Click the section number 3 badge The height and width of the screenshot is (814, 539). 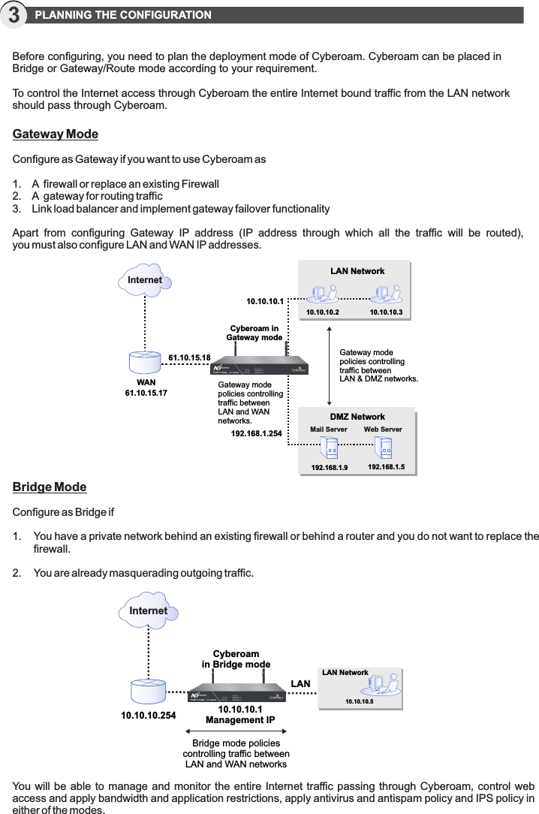pos(14,15)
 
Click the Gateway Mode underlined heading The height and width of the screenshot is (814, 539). pos(56,134)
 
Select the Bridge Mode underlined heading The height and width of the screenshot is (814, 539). pos(50,487)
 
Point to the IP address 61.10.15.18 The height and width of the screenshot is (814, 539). pos(189,357)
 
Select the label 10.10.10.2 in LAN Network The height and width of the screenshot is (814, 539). pos(322,312)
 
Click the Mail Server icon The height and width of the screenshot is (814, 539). pos(329,448)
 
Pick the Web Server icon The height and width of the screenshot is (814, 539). pos(384,448)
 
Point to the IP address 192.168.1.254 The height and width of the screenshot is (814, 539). pos(256,433)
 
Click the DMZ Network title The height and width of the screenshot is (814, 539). pos(357,417)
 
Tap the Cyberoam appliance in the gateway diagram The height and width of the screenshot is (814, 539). pos(260,366)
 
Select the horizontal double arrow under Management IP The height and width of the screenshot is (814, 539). pos(236,730)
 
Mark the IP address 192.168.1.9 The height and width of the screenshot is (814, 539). pos(329,467)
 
